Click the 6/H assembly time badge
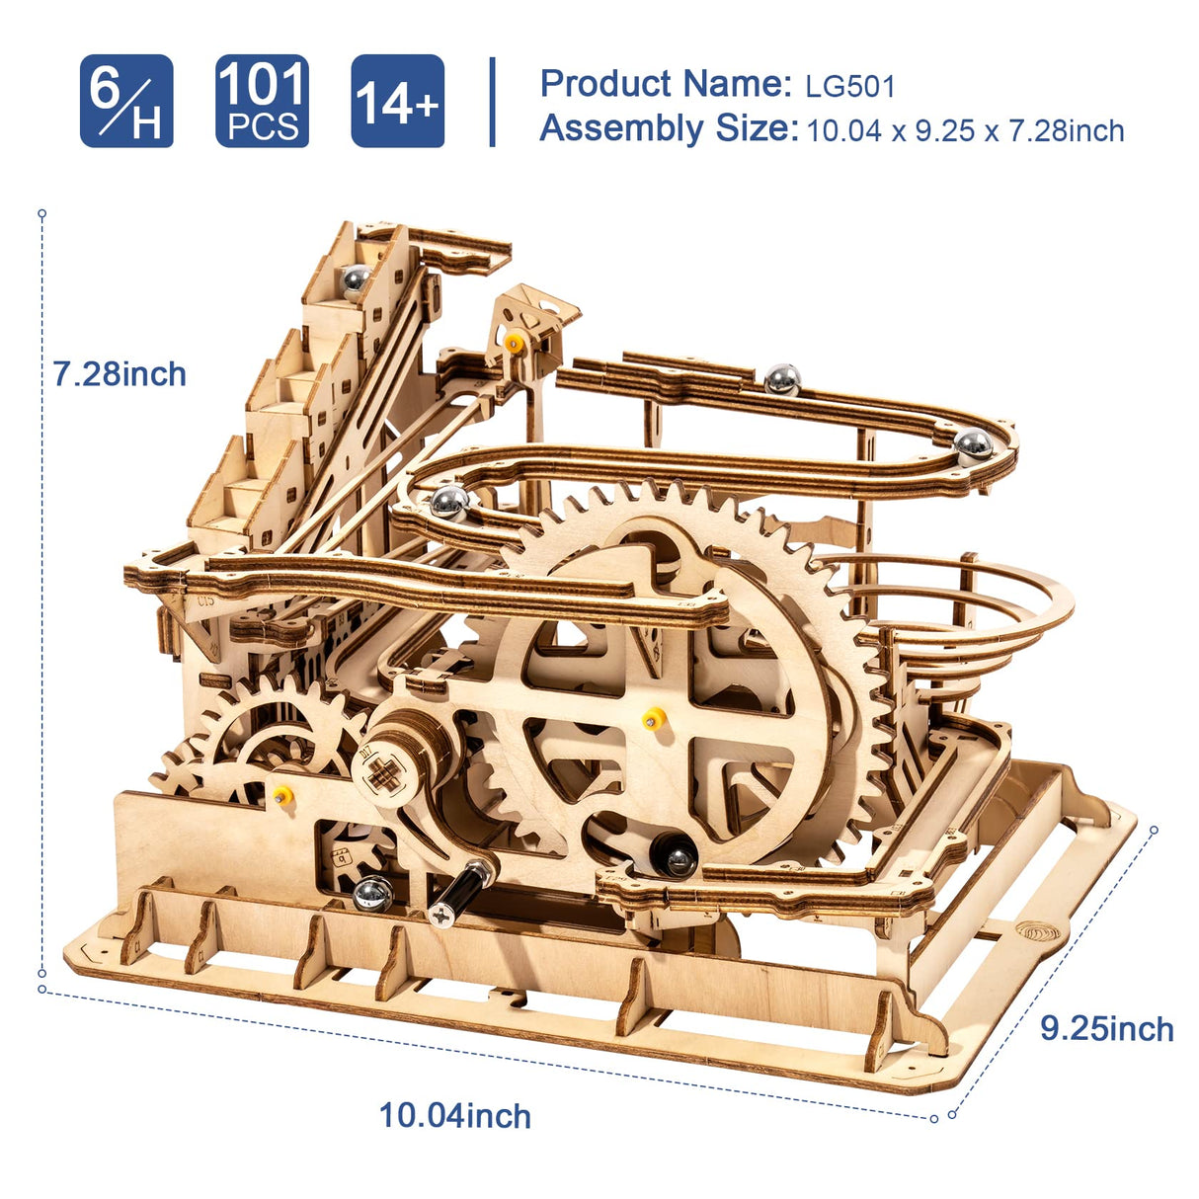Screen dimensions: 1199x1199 click(x=126, y=102)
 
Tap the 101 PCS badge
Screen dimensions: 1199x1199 click(x=262, y=102)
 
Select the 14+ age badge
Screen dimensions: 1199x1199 click(x=397, y=102)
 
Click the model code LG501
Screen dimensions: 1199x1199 click(x=849, y=87)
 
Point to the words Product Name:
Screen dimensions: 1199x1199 click(x=666, y=84)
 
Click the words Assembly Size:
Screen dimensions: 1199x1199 click(x=669, y=129)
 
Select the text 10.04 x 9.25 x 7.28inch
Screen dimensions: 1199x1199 click(x=965, y=130)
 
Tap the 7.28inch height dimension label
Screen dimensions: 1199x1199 click(x=120, y=374)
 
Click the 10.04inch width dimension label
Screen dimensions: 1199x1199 click(x=455, y=1116)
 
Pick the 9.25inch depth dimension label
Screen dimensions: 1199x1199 click(x=1106, y=1029)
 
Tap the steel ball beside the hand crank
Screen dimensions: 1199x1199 click(x=372, y=894)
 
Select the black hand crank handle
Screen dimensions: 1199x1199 click(x=462, y=888)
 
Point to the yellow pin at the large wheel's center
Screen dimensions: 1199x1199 click(x=651, y=718)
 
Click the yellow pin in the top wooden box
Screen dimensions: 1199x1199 click(x=514, y=343)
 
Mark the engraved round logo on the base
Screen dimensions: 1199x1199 click(x=1036, y=932)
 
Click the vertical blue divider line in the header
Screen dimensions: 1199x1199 click(x=492, y=102)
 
